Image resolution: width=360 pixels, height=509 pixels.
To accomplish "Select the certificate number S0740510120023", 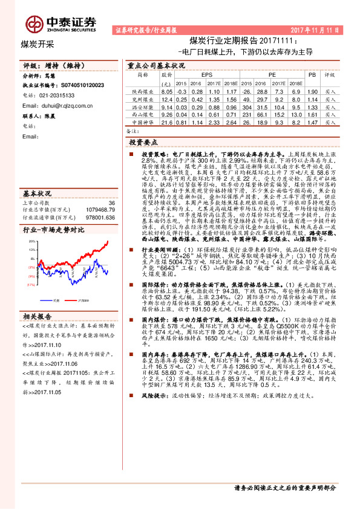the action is click(x=75, y=86).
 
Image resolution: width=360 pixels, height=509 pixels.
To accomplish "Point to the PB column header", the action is click(x=312, y=75).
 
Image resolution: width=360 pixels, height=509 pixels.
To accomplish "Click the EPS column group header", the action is click(x=197, y=75).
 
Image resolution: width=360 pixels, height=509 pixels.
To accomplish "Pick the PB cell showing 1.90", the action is click(x=312, y=91).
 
